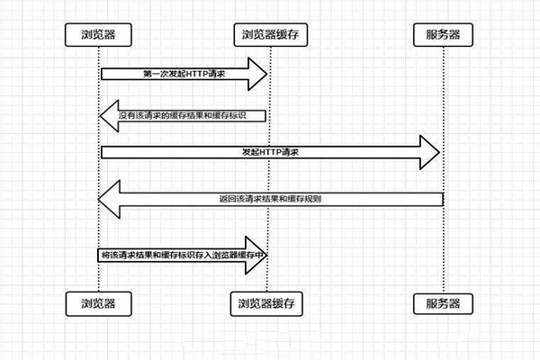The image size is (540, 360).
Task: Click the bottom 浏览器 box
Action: (x=98, y=302)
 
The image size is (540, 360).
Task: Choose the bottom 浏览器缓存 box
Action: (x=268, y=302)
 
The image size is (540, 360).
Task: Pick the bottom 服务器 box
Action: (x=443, y=302)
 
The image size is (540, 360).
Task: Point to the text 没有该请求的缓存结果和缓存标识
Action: (x=190, y=115)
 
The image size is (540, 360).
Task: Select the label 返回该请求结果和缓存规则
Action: (x=270, y=197)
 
